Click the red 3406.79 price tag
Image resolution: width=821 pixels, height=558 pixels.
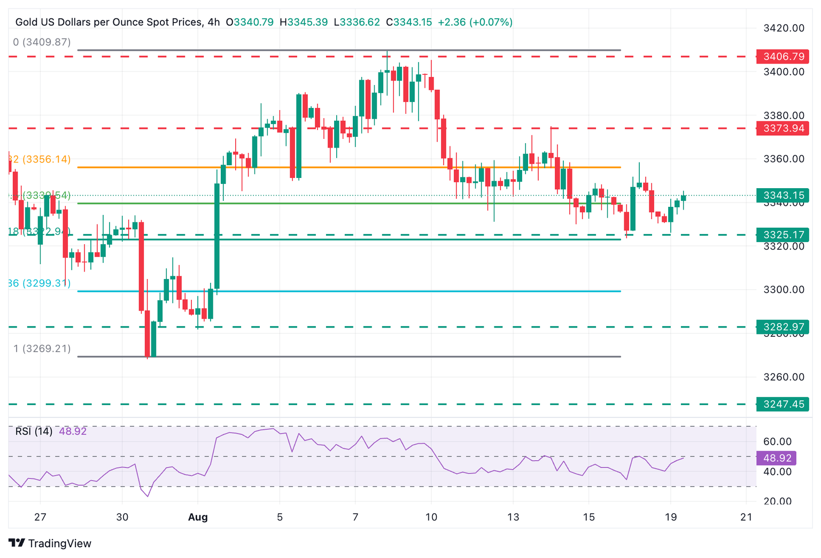click(x=783, y=57)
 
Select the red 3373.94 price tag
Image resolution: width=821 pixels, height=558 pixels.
click(x=783, y=128)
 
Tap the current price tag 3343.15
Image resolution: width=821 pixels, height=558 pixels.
click(x=783, y=196)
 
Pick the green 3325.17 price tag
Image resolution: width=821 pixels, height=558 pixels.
click(x=783, y=235)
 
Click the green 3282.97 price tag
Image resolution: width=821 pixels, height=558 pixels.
click(x=783, y=327)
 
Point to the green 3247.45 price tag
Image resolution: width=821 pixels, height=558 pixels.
click(x=783, y=404)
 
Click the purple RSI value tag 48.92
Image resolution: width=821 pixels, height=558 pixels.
click(x=777, y=458)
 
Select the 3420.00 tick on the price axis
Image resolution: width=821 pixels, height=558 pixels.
click(x=784, y=28)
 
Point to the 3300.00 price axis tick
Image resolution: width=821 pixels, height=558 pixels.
click(x=784, y=290)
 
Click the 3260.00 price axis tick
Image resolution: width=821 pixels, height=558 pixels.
click(x=784, y=377)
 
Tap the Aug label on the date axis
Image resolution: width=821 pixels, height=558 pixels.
click(x=198, y=517)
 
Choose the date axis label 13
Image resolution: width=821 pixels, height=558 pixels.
click(x=513, y=517)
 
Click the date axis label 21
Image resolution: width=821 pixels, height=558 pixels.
click(x=746, y=517)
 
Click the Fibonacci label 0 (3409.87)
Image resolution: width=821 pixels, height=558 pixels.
click(x=42, y=42)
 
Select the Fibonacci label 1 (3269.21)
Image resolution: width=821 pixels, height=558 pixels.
click(x=42, y=348)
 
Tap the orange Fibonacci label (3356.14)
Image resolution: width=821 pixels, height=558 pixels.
click(x=41, y=159)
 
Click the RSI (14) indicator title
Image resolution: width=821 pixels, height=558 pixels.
click(x=34, y=431)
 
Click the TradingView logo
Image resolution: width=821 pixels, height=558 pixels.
click(x=51, y=544)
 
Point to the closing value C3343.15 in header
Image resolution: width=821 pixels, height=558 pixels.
click(x=409, y=22)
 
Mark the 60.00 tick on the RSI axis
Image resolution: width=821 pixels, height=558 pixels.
click(x=777, y=441)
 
